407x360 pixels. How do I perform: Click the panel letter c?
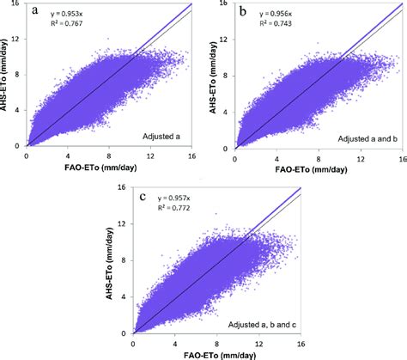pos(143,196)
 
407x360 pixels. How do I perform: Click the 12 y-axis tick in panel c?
pos(124,224)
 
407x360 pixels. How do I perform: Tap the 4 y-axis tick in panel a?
pos(18,111)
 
